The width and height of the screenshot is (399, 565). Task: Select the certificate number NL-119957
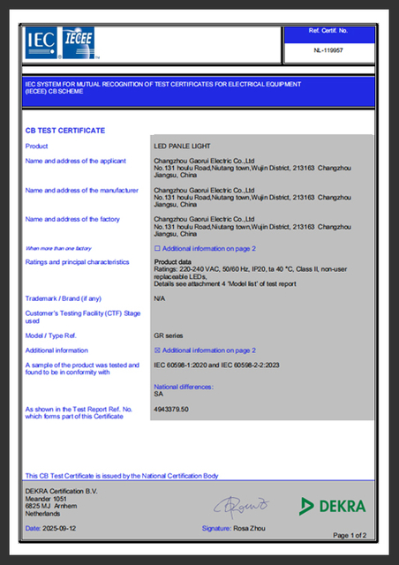(328, 51)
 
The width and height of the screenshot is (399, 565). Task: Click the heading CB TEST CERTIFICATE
(65, 131)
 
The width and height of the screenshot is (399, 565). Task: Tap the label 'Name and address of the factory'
(72, 219)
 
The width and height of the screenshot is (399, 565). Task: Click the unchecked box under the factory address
(157, 249)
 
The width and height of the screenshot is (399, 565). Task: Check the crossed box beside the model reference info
(157, 350)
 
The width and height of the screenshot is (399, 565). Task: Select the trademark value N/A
(160, 298)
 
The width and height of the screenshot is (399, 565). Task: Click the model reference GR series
(169, 336)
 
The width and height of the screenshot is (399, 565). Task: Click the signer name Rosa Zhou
(251, 528)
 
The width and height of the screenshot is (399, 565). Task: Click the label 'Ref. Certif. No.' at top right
(328, 31)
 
